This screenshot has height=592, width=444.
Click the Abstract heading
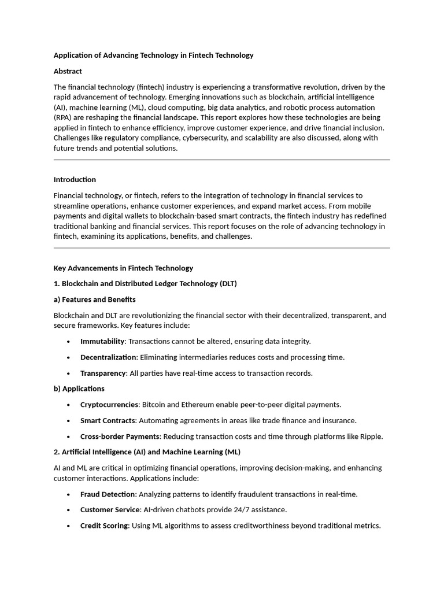tap(68, 71)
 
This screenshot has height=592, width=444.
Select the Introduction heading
tap(75, 179)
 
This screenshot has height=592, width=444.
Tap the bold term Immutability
tap(102, 341)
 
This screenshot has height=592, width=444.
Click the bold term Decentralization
tap(108, 357)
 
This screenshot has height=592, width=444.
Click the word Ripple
tap(370, 436)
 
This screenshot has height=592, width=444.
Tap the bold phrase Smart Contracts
tap(108, 420)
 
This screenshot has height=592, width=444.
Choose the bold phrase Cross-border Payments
tap(120, 436)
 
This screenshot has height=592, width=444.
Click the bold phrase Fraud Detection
tap(108, 494)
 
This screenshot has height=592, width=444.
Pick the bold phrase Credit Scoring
tap(104, 526)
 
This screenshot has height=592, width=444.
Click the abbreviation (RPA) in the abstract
tap(64, 117)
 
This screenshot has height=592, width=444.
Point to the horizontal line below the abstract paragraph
tap(221, 160)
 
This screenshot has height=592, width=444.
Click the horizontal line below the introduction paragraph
tap(221, 248)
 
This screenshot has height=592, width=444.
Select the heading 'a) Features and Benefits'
tap(94, 299)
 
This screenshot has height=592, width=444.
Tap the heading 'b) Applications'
tap(79, 388)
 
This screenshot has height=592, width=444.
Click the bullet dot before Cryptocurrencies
tap(69, 405)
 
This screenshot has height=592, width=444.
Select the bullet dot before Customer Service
tap(69, 510)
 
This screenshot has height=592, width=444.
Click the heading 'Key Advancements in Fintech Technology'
tap(123, 268)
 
